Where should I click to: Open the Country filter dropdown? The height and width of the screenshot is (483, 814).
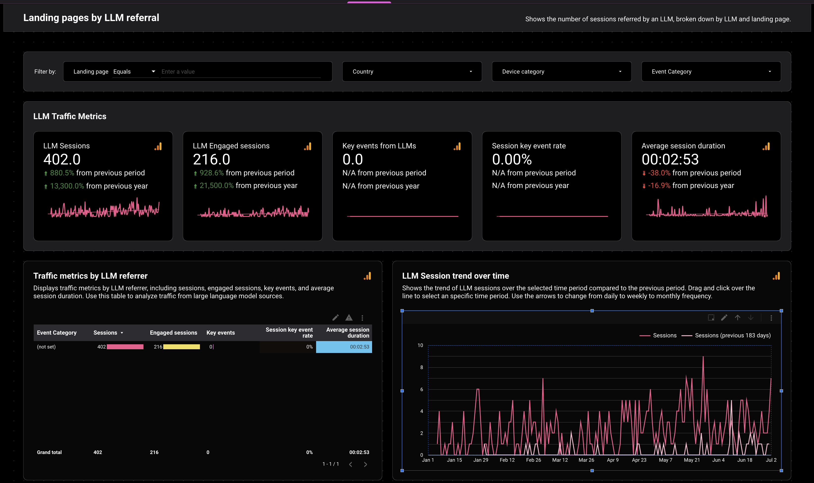click(412, 72)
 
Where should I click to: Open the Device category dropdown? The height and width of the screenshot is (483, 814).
click(561, 72)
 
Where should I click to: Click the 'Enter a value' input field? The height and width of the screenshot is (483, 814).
click(241, 72)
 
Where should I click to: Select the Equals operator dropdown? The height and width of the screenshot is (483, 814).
click(134, 72)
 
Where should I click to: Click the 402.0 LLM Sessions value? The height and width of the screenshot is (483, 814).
click(62, 160)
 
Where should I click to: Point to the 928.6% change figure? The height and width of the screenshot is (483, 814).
click(212, 173)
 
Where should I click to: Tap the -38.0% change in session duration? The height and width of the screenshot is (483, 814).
click(659, 173)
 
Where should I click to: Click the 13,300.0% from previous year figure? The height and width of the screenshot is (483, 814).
click(67, 186)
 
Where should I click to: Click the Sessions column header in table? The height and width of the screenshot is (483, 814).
click(105, 333)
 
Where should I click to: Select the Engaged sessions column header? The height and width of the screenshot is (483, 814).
click(173, 333)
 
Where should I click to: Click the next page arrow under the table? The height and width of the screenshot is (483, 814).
click(365, 464)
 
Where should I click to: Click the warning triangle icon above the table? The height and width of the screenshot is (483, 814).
click(349, 318)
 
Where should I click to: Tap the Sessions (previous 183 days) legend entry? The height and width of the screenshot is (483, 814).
click(732, 335)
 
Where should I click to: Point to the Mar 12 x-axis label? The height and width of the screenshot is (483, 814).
click(560, 460)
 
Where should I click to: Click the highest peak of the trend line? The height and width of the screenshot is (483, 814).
click(703, 357)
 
